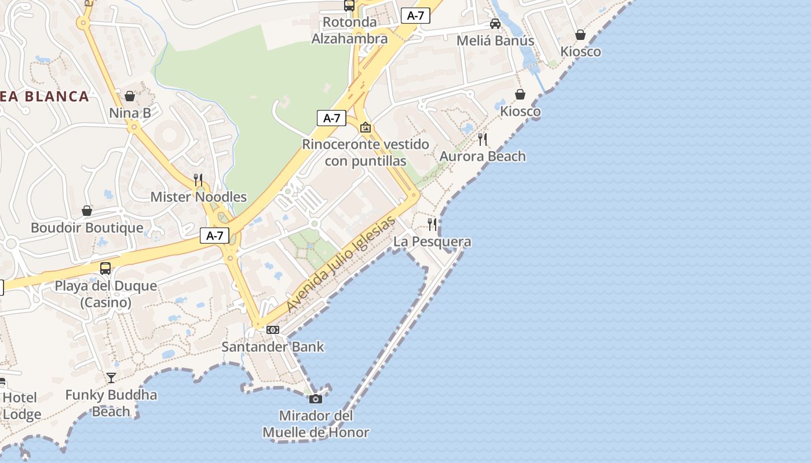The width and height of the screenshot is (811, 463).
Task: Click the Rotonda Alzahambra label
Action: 349,31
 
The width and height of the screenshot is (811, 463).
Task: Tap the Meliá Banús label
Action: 495,41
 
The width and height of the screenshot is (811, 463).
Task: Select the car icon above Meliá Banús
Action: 495,24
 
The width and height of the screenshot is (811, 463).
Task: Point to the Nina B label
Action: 130,113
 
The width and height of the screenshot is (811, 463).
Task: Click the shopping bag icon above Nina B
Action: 130,95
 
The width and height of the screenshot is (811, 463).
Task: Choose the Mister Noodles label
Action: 198,197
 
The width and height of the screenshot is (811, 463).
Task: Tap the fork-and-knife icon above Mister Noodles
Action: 198,179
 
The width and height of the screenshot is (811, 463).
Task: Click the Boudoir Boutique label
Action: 87,227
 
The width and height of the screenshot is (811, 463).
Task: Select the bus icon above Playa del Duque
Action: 105,269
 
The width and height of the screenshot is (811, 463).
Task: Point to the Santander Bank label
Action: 273,347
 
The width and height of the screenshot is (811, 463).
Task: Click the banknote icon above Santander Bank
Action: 273,330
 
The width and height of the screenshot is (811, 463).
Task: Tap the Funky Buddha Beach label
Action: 111,403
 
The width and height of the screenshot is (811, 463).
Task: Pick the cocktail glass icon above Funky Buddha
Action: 111,378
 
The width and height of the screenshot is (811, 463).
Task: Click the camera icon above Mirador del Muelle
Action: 316,399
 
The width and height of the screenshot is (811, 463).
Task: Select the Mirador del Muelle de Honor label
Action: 316,424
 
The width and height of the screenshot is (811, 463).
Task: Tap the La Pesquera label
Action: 432,241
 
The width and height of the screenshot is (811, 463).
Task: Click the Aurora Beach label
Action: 483,156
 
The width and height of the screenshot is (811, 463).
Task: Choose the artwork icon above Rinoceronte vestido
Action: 366,127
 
